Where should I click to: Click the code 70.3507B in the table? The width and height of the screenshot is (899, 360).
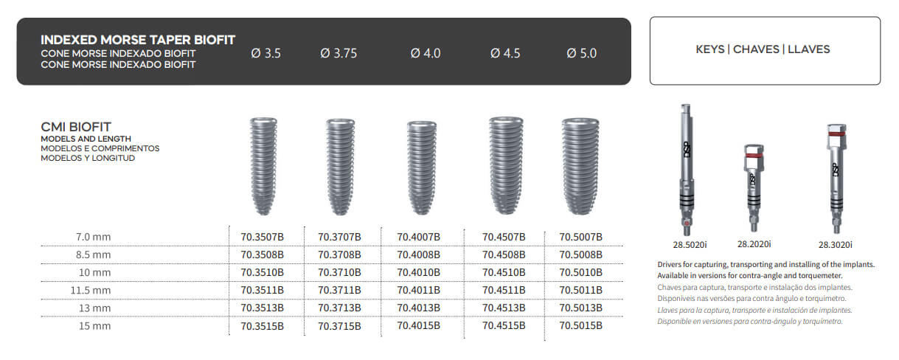point(262,237)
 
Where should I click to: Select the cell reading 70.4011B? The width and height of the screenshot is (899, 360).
point(419,290)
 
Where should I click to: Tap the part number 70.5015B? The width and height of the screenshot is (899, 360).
point(580,325)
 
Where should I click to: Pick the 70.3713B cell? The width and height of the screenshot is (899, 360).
point(339,308)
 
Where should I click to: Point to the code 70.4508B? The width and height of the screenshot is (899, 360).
point(504,255)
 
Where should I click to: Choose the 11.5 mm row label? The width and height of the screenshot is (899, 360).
point(91,290)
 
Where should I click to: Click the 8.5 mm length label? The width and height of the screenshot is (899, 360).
point(93,255)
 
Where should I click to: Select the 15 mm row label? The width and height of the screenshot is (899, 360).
point(94,325)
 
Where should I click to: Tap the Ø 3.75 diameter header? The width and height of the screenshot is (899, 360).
point(339,53)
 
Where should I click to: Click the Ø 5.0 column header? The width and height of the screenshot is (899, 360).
point(582,53)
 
